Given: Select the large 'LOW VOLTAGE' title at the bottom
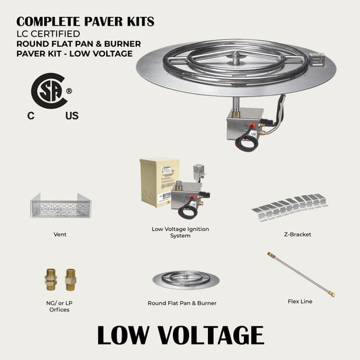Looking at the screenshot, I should [x=180, y=335].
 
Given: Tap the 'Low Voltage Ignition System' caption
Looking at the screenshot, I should [x=180, y=232].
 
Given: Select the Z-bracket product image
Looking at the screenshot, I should [x=290, y=206].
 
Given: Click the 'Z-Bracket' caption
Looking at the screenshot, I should [x=298, y=234].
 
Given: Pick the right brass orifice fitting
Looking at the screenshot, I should [x=70, y=279].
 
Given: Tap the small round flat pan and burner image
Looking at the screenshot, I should [x=182, y=278].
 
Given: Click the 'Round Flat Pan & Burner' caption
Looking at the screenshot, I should [x=182, y=303].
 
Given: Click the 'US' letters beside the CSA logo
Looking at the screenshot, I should [x=72, y=115].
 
